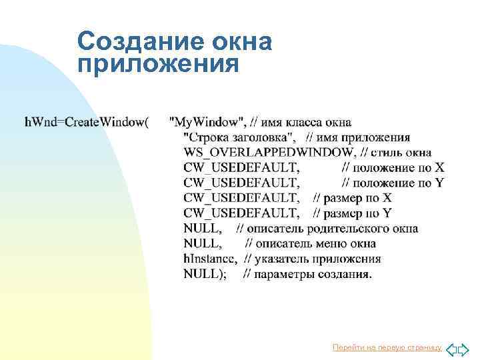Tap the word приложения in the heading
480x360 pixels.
pyautogui.click(x=157, y=65)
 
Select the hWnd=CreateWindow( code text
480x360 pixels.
pyautogui.click(x=87, y=122)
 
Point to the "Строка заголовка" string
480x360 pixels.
pyautogui.click(x=243, y=137)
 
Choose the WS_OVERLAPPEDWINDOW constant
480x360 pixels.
pyautogui.click(x=269, y=153)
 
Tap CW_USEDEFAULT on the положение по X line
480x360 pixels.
pyautogui.click(x=241, y=167)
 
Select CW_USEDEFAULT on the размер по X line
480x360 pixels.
pyautogui.click(x=241, y=198)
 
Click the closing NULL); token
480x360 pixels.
pyautogui.click(x=205, y=275)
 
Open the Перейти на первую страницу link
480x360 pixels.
pyautogui.click(x=387, y=348)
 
